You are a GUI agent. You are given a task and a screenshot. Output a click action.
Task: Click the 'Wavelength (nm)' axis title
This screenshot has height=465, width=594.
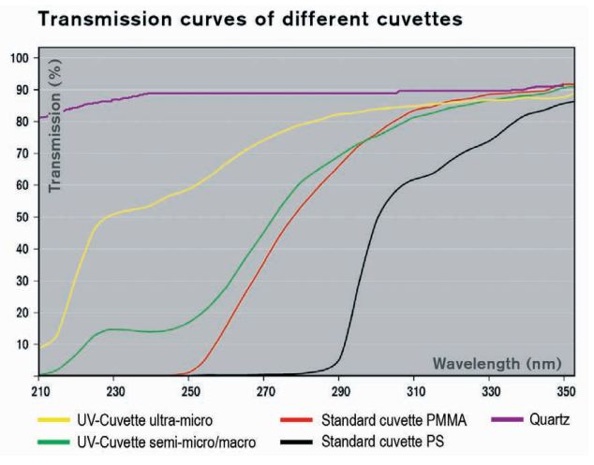point(497,362)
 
